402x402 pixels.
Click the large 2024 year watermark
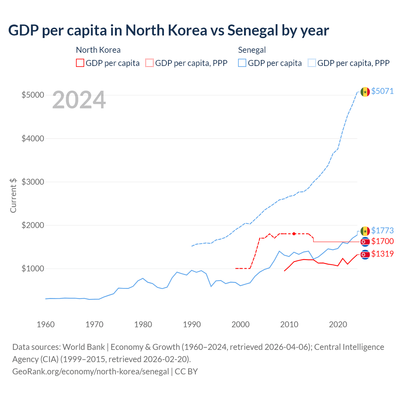pyautogui.click(x=79, y=100)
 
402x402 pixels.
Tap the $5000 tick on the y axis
pyautogui.click(x=33, y=95)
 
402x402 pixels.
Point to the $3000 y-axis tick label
pyautogui.click(x=33, y=182)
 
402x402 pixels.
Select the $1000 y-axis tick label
pyautogui.click(x=33, y=269)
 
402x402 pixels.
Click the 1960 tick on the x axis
pyautogui.click(x=46, y=324)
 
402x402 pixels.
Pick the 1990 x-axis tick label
pyautogui.click(x=192, y=324)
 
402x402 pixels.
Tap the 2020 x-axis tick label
pyautogui.click(x=338, y=324)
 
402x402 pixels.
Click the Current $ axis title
pyautogui.click(x=13, y=195)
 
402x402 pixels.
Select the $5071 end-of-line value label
pyautogui.click(x=382, y=91)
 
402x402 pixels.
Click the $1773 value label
pyautogui.click(x=382, y=231)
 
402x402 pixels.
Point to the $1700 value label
pyautogui.click(x=382, y=241)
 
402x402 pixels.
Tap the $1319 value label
pyautogui.click(x=382, y=254)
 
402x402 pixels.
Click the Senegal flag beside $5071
pyautogui.click(x=365, y=92)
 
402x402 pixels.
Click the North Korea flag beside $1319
pyautogui.click(x=365, y=254)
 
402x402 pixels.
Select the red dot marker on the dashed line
pyautogui.click(x=294, y=234)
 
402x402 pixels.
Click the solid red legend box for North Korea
pyautogui.click(x=80, y=63)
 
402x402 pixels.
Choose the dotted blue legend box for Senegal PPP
pyautogui.click(x=312, y=63)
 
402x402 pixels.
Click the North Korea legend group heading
pyautogui.click(x=98, y=50)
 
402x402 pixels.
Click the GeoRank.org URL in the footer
pyautogui.click(x=90, y=372)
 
